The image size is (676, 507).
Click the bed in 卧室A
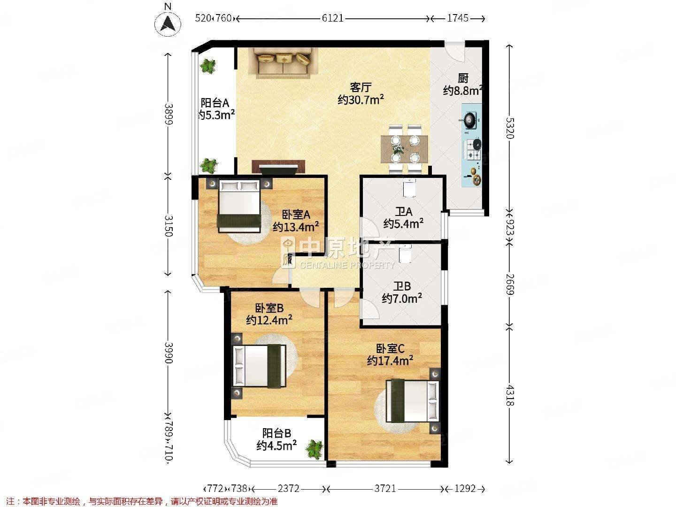239,207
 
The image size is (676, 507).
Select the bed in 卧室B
260,366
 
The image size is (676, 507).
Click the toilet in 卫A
409,188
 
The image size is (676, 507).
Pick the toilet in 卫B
405,253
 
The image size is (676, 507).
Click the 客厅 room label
361,88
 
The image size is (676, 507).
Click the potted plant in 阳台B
315,449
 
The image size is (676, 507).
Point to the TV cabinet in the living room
279,167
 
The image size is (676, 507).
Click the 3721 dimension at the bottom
385,489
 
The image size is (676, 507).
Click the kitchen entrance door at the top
454,51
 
